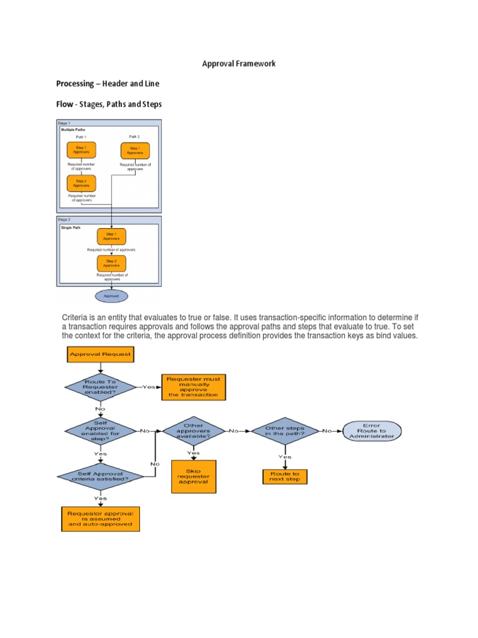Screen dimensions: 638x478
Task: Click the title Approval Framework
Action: pyautogui.click(x=239, y=64)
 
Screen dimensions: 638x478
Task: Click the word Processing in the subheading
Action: pyautogui.click(x=75, y=83)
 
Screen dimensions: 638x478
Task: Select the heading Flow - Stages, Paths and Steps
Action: pyautogui.click(x=109, y=104)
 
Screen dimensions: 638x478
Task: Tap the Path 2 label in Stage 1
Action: pyautogui.click(x=134, y=136)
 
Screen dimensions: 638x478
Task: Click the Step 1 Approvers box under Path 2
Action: pyautogui.click(x=135, y=151)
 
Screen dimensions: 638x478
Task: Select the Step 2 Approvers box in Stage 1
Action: pyautogui.click(x=82, y=184)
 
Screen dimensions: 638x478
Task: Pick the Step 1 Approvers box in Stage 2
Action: pyautogui.click(x=111, y=237)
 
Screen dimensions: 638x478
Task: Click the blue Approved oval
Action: pyautogui.click(x=111, y=296)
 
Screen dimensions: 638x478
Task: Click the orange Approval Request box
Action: pyautogui.click(x=100, y=354)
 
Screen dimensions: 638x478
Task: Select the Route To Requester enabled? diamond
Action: pyautogui.click(x=100, y=387)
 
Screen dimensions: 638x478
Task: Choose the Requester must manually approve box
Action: pyautogui.click(x=194, y=387)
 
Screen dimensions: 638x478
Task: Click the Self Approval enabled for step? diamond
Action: pyautogui.click(x=100, y=431)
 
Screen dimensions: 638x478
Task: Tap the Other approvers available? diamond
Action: pyautogui.click(x=194, y=431)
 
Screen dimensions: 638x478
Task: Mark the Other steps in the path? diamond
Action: pyautogui.click(x=285, y=431)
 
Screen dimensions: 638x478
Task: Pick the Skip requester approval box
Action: pyautogui.click(x=194, y=477)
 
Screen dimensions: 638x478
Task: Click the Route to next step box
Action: pyautogui.click(x=285, y=477)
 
